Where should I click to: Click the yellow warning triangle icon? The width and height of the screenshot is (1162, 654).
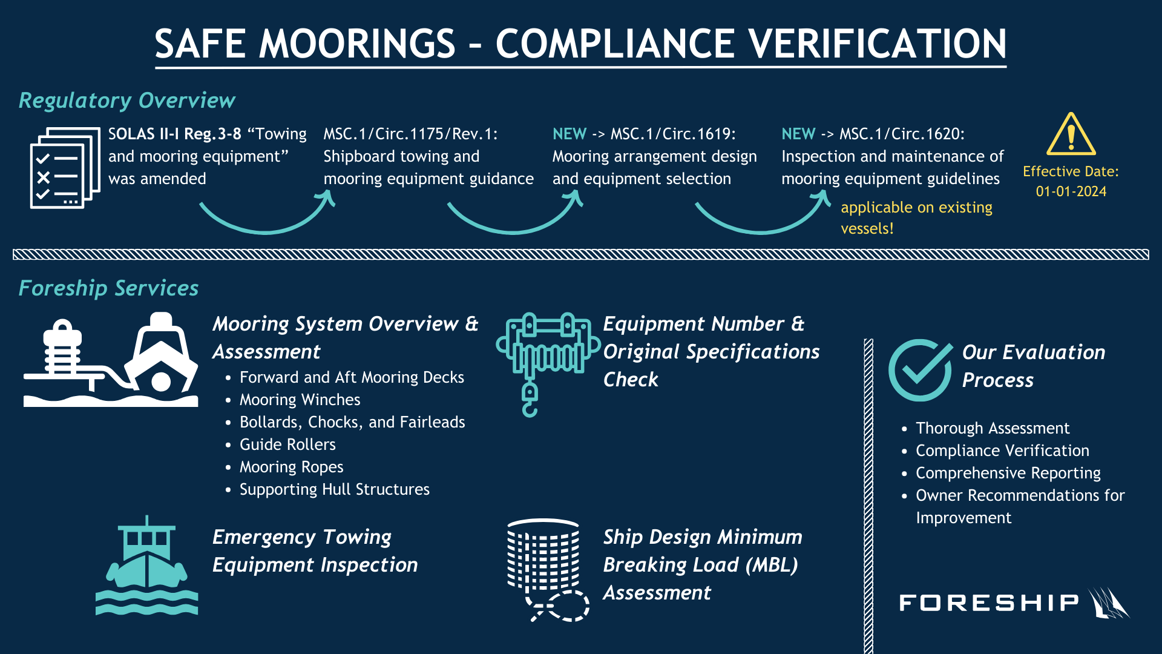pos(1071,135)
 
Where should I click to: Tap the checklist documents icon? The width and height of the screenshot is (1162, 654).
pos(65,168)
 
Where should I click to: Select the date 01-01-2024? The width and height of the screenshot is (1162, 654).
pos(1071,191)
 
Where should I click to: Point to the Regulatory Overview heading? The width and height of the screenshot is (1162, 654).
pos(126,101)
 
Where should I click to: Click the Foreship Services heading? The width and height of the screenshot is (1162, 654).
pos(108,288)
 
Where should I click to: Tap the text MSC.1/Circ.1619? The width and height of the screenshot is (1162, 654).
pos(672,134)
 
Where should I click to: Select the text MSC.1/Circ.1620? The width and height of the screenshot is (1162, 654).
pos(902,134)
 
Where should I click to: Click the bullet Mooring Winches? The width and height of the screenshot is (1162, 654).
pos(300,400)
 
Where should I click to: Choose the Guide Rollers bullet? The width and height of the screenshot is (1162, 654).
pos(287,444)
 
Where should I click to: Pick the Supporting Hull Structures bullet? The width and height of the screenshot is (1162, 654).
pos(334,489)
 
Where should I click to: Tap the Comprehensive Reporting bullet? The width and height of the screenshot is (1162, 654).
pos(1008,473)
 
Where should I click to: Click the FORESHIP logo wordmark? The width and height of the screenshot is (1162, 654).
pos(989,603)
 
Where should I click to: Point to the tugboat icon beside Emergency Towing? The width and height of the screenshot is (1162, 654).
pos(146,566)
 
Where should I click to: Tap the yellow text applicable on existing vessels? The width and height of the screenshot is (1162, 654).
pos(916,217)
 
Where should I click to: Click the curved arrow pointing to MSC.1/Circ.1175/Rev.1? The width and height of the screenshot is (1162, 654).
pos(267,215)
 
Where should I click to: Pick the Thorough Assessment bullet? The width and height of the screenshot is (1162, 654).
pos(992,428)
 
